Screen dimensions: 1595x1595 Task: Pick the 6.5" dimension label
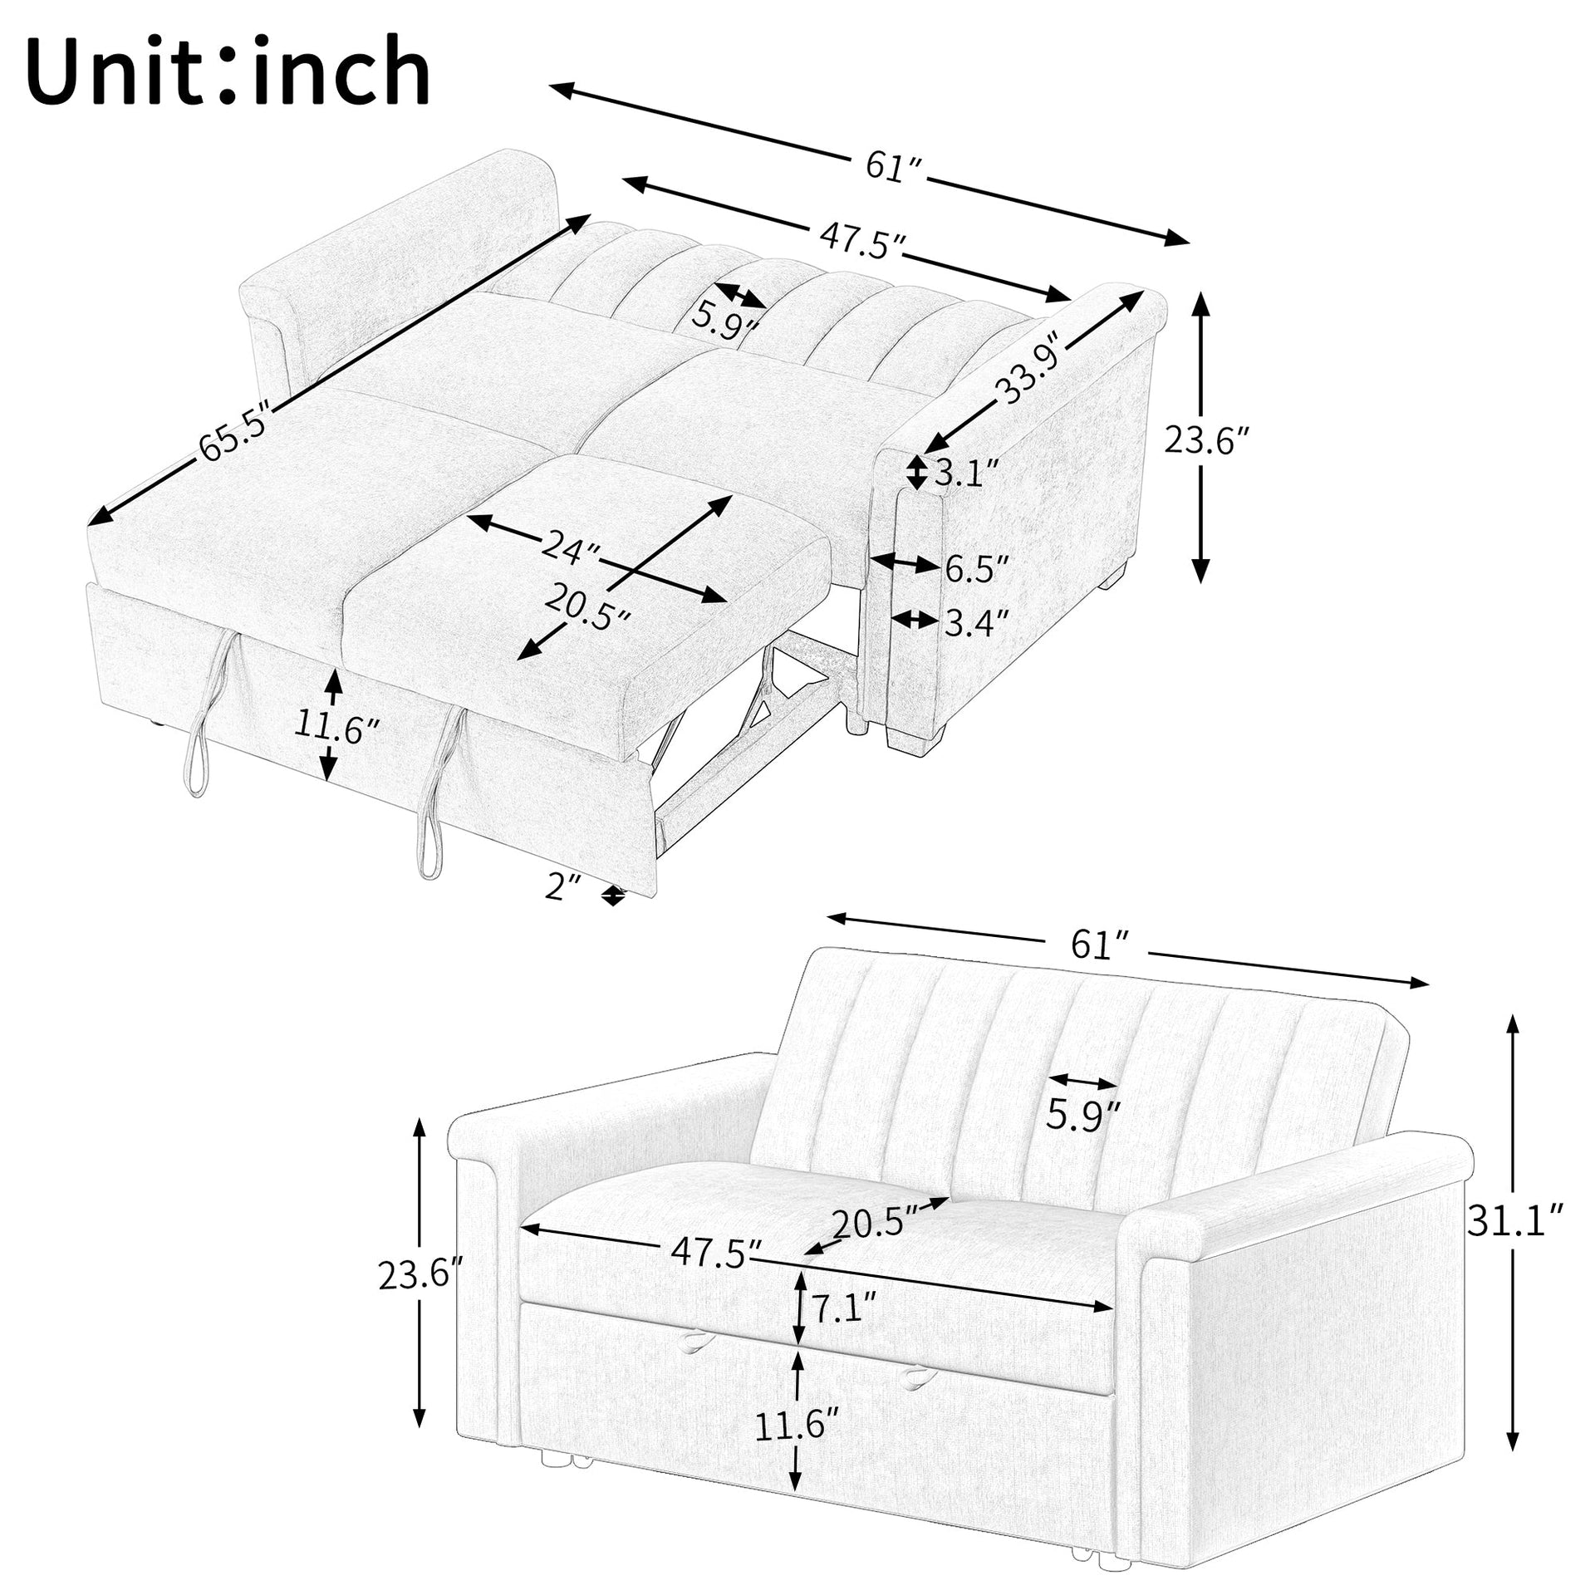pos(977,569)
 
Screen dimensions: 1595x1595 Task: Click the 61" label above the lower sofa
pos(1100,945)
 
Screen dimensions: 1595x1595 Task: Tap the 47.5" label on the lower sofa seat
pos(716,1251)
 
